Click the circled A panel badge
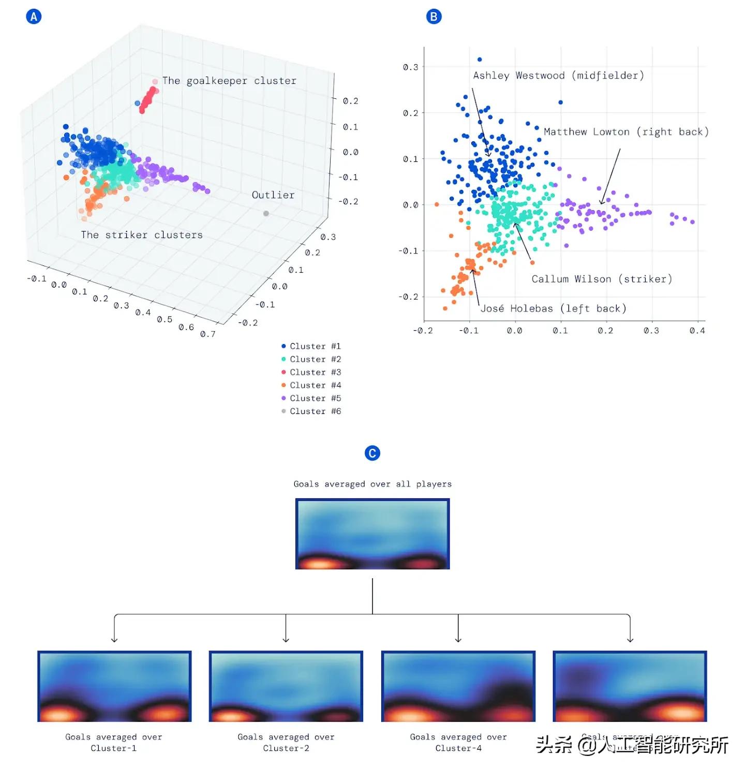[x=34, y=17]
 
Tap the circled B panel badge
[x=434, y=17]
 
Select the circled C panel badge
[x=372, y=453]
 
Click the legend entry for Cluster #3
[x=310, y=372]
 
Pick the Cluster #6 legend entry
[x=310, y=411]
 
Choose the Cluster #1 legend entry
[x=310, y=346]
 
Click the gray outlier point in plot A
[x=266, y=213]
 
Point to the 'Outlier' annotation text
[x=273, y=195]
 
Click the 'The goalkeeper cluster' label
[x=229, y=81]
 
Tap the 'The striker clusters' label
[x=141, y=235]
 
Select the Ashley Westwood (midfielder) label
[x=558, y=76]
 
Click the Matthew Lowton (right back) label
[x=626, y=132]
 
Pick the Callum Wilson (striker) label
[x=602, y=279]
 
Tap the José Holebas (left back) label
[x=553, y=309]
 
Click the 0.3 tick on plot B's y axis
[x=410, y=67]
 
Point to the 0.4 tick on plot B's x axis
[x=697, y=331]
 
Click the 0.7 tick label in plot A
[x=208, y=334]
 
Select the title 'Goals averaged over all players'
[x=373, y=484]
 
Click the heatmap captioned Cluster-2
[x=286, y=686]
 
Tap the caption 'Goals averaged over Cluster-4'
[x=458, y=743]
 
